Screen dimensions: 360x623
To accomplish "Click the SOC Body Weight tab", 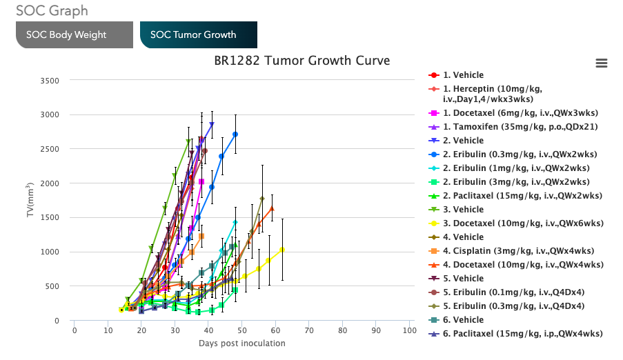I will pos(75,34).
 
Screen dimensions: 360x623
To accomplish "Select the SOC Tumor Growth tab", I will pos(198,34).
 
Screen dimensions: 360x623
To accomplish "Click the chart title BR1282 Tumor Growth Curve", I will pos(301,61).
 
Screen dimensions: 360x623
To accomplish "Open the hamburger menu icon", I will pos(601,63).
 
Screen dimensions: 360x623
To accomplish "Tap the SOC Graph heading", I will pos(52,11).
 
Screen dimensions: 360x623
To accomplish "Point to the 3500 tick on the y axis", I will pos(50,81).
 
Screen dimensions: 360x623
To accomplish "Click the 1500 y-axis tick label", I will pos(50,218).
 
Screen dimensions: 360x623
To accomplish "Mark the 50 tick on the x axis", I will pos(241,330).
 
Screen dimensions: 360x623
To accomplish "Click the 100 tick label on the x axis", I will pos(409,330).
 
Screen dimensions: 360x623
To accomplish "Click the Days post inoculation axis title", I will pos(241,343).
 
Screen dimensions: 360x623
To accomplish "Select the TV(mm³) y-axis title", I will pos(30,200).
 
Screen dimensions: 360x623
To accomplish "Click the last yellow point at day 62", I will pos(282,250).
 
